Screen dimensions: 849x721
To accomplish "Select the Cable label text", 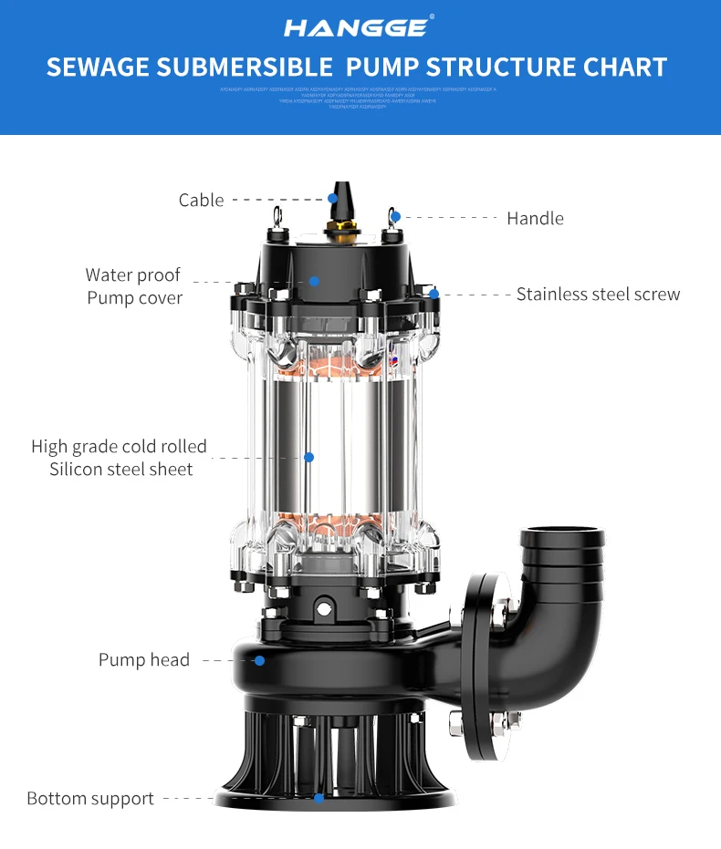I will pyautogui.click(x=201, y=200).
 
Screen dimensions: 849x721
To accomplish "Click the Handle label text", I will pyautogui.click(x=535, y=218).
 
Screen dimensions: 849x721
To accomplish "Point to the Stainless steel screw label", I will pyautogui.click(x=598, y=294).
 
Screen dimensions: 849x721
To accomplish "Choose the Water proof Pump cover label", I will pyautogui.click(x=134, y=286).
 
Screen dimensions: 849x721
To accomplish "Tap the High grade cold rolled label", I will pyautogui.click(x=120, y=446).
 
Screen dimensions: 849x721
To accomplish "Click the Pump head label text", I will pyautogui.click(x=144, y=659).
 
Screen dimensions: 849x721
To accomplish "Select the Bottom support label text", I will pyautogui.click(x=90, y=798).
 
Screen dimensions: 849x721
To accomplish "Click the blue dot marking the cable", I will pyautogui.click(x=334, y=198).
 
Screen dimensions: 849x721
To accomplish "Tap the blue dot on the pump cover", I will pyautogui.click(x=314, y=281).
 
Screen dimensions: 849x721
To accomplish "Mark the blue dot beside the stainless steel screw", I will pyautogui.click(x=434, y=294).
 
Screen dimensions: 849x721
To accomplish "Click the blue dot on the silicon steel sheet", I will pyautogui.click(x=308, y=456).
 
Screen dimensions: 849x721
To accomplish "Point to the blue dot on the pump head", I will pyautogui.click(x=260, y=659).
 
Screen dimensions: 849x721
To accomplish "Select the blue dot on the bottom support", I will pyautogui.click(x=319, y=798).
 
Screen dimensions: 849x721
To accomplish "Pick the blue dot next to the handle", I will pyautogui.click(x=395, y=217).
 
